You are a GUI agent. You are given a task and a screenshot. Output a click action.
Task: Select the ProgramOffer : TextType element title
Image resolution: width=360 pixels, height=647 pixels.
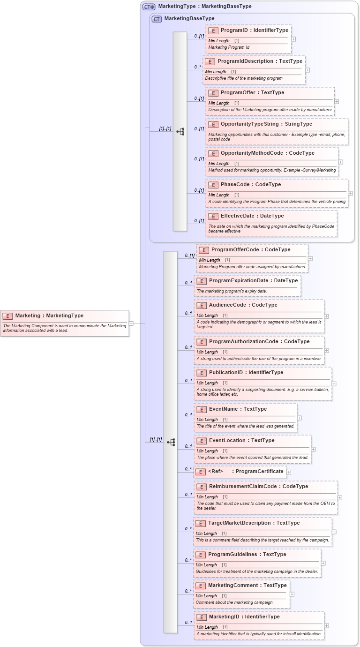click(x=252, y=93)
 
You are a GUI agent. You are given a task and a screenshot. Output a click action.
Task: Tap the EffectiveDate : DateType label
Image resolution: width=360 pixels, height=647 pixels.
click(x=252, y=216)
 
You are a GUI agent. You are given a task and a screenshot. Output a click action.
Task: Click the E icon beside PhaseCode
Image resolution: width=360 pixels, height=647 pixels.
click(x=213, y=185)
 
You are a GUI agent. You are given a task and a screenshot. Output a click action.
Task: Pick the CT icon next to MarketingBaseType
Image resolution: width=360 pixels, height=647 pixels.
click(x=157, y=19)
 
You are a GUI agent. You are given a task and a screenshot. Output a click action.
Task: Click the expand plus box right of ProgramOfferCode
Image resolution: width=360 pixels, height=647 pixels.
click(x=310, y=258)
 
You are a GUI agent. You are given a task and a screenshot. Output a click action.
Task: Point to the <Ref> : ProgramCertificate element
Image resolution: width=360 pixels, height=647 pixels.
click(x=246, y=472)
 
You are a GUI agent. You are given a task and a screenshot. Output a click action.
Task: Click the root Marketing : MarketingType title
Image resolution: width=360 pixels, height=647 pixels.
click(x=49, y=316)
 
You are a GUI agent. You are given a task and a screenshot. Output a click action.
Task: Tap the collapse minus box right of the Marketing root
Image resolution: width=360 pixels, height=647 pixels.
click(x=131, y=323)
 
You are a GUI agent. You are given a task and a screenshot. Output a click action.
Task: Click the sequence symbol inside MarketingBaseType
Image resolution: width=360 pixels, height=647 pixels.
click(x=180, y=132)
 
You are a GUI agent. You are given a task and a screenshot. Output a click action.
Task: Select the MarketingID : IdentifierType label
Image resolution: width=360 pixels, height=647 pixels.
click(x=244, y=617)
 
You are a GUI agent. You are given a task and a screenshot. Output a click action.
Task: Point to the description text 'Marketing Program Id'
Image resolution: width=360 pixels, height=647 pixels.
click(x=229, y=47)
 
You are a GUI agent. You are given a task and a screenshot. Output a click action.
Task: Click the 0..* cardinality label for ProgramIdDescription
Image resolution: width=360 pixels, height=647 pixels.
click(x=198, y=67)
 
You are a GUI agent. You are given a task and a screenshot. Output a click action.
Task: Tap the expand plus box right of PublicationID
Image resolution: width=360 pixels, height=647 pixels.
click(x=334, y=384)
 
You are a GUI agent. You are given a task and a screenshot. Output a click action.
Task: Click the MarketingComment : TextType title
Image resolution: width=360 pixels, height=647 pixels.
click(x=247, y=586)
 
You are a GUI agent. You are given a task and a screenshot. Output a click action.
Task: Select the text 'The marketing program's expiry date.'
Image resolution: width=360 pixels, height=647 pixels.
click(x=232, y=291)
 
